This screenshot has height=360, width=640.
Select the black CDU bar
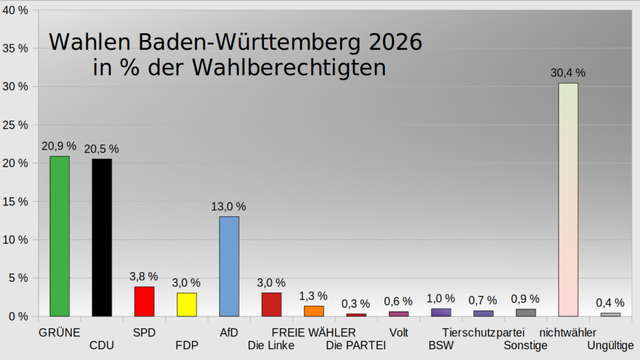click(102, 237)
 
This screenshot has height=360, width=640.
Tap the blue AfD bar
click(229, 266)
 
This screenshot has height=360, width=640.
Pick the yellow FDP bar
click(186, 304)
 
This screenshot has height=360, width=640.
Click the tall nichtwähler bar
click(567, 199)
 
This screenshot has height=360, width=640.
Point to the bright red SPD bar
click(144, 301)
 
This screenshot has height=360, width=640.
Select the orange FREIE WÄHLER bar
click(314, 311)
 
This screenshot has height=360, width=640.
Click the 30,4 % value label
click(567, 72)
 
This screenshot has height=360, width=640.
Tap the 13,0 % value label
click(229, 206)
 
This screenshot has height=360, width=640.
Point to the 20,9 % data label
click(59, 146)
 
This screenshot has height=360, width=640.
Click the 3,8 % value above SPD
click(144, 276)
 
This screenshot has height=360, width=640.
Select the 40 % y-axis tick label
click(16, 10)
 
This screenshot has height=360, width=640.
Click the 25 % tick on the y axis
click(16, 125)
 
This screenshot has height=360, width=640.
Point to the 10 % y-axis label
click(16, 240)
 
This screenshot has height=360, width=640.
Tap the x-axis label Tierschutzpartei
click(483, 332)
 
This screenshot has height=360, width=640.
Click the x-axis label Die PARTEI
click(356, 344)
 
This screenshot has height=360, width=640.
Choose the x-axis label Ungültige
click(611, 344)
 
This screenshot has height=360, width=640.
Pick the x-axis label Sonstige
click(526, 344)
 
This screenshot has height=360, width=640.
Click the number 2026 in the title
click(394, 42)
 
